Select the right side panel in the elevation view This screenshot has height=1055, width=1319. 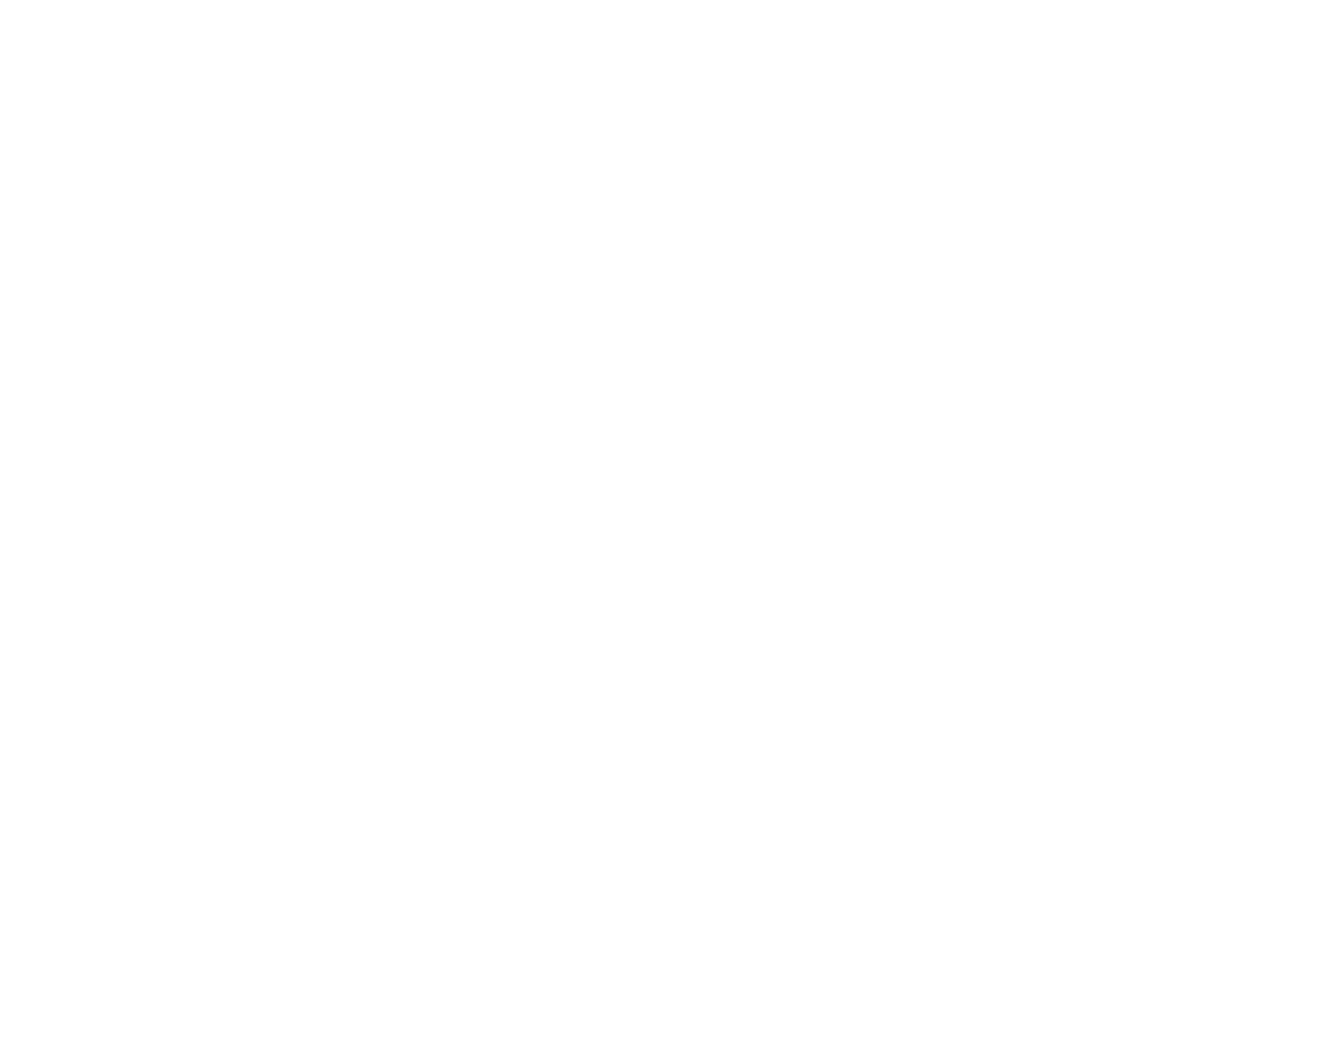click(857, 211)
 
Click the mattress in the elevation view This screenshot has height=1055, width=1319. click(524, 259)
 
